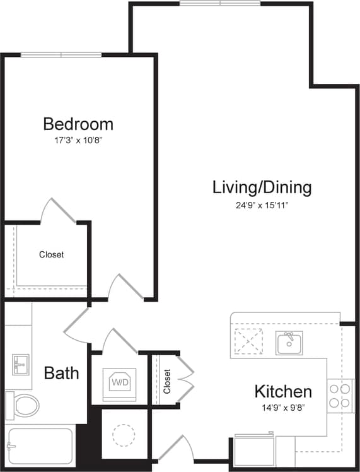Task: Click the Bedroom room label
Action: [78, 123]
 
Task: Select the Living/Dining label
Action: [262, 187]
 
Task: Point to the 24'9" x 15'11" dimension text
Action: [262, 204]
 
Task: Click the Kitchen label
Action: [283, 391]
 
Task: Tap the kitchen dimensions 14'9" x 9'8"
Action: [283, 408]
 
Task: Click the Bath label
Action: [61, 373]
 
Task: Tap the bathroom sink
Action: [20, 365]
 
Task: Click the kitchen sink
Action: [289, 343]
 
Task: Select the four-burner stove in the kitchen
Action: [340, 396]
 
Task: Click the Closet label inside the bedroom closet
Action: [51, 255]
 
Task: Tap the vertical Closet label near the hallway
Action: [167, 381]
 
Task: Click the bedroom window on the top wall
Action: [61, 55]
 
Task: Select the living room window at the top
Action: [220, 4]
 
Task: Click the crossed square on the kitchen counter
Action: [248, 342]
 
